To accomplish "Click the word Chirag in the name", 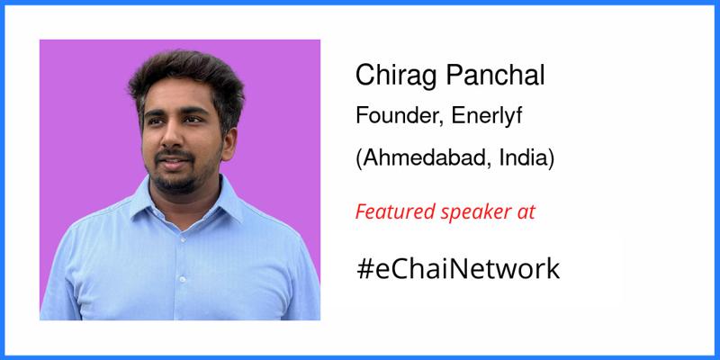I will (390, 76).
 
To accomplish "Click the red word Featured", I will (394, 213).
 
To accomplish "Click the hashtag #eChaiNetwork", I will (458, 267).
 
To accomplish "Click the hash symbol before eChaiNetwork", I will (364, 267).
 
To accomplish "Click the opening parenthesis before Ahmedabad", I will (360, 159).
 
